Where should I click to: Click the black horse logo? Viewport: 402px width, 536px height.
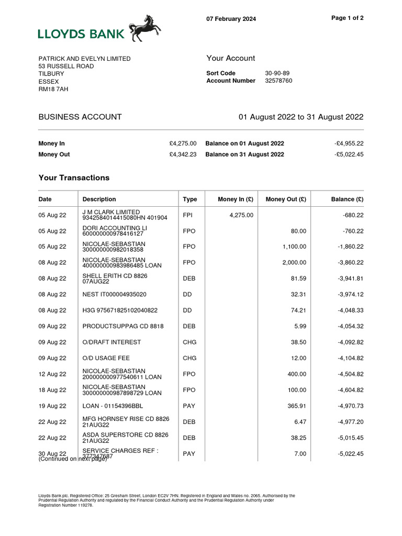pos(145,28)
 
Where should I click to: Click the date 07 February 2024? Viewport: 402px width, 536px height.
pos(231,19)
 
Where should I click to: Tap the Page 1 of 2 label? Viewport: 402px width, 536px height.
pos(348,18)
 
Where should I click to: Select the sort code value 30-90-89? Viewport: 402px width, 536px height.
pos(277,73)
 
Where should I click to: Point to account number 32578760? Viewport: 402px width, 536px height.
pos(278,81)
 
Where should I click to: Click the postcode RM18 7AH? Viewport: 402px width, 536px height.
pos(53,89)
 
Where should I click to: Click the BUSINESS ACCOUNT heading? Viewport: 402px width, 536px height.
pos(80,117)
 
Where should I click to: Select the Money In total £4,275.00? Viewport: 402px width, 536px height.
pos(183,143)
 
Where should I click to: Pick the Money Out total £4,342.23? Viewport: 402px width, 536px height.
pos(183,154)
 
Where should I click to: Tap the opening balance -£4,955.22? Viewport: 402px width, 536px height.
pos(349,143)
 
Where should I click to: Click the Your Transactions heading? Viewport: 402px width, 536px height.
pos(74,178)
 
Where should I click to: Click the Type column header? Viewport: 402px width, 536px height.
pos(190,199)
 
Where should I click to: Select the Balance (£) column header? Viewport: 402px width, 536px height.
pos(348,199)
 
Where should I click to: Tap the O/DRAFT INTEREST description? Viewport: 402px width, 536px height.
pos(111,342)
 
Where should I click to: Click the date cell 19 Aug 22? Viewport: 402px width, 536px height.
pos(52,406)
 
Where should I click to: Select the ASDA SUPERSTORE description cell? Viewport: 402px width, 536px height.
pos(125,438)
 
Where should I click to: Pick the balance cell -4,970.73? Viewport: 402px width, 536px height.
pos(350,406)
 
